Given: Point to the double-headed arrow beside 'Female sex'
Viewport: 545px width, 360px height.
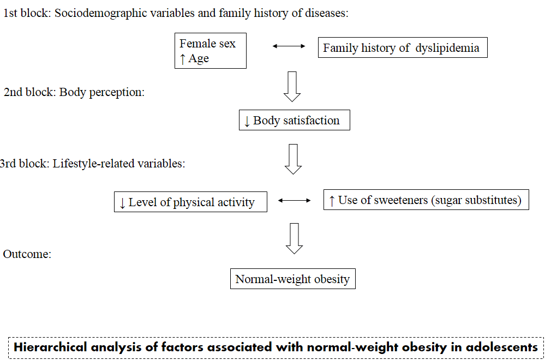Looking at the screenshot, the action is tap(289, 46).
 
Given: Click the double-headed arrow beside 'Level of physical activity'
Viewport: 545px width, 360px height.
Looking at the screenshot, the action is tap(295, 200).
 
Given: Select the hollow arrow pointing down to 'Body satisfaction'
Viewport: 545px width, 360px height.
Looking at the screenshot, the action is tap(292, 87).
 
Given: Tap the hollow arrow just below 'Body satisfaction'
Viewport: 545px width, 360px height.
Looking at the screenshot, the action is tap(293, 159).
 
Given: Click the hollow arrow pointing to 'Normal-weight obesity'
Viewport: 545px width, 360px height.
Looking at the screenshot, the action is tap(294, 238).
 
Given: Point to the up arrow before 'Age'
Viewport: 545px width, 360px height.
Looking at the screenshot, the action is tap(182, 59).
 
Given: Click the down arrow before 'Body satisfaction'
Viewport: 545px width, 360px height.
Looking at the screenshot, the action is tap(247, 121).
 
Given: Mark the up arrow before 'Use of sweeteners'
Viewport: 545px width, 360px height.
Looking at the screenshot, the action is tap(332, 201).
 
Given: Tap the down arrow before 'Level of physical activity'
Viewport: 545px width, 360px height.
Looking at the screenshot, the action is tap(122, 203).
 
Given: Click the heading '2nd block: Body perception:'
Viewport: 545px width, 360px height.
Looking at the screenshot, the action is tap(74, 92).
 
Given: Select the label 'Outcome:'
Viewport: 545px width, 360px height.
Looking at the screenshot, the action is tap(27, 254).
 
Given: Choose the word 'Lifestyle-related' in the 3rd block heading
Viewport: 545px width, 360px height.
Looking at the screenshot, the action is tap(92, 163).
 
